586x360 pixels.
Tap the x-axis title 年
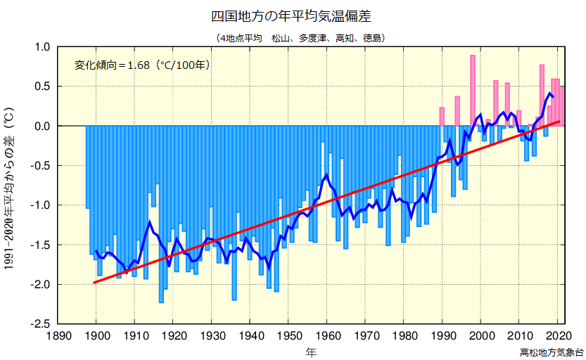click(311, 350)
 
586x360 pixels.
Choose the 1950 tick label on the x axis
click(289, 335)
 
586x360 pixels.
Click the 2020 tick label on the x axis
click(559, 335)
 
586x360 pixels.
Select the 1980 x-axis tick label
click(405, 335)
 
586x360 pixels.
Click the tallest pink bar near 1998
click(473, 90)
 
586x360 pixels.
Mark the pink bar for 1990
click(442, 117)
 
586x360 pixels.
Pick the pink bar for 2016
click(542, 95)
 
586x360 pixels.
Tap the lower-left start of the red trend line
click(94, 283)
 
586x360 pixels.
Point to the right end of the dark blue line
click(553, 96)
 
